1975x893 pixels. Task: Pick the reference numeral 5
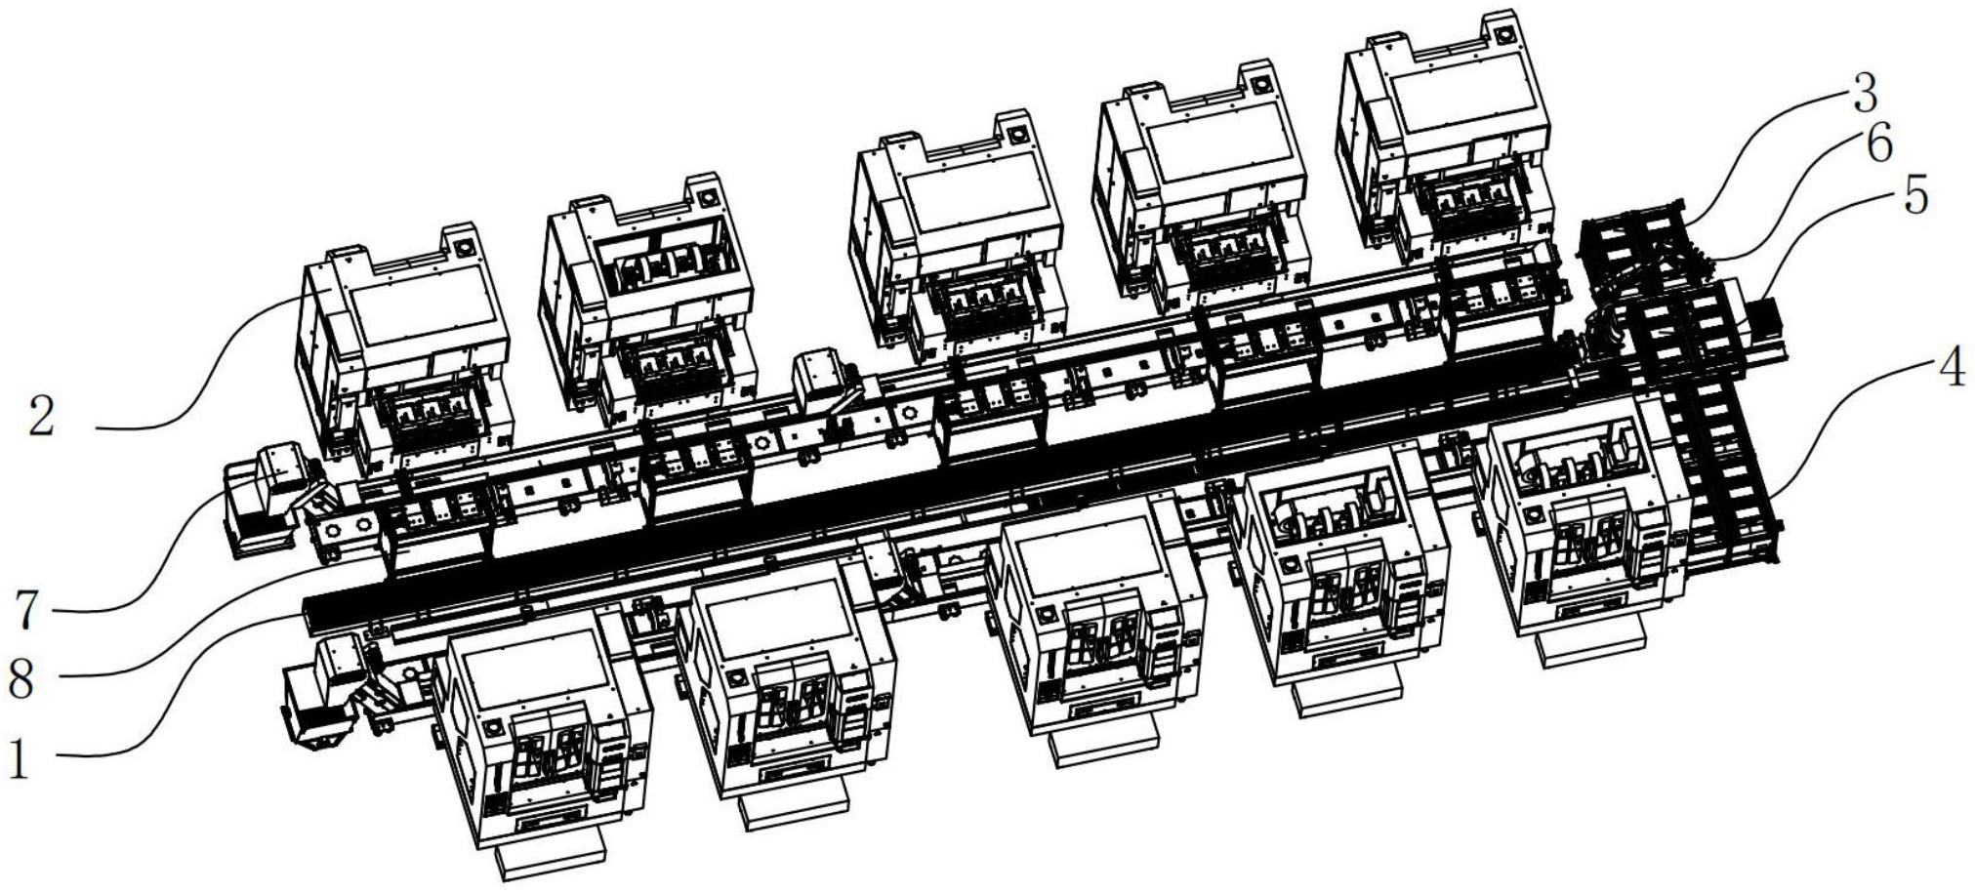coord(1915,196)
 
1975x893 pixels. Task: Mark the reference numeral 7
coord(27,610)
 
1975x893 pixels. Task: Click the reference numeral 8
coord(21,677)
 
